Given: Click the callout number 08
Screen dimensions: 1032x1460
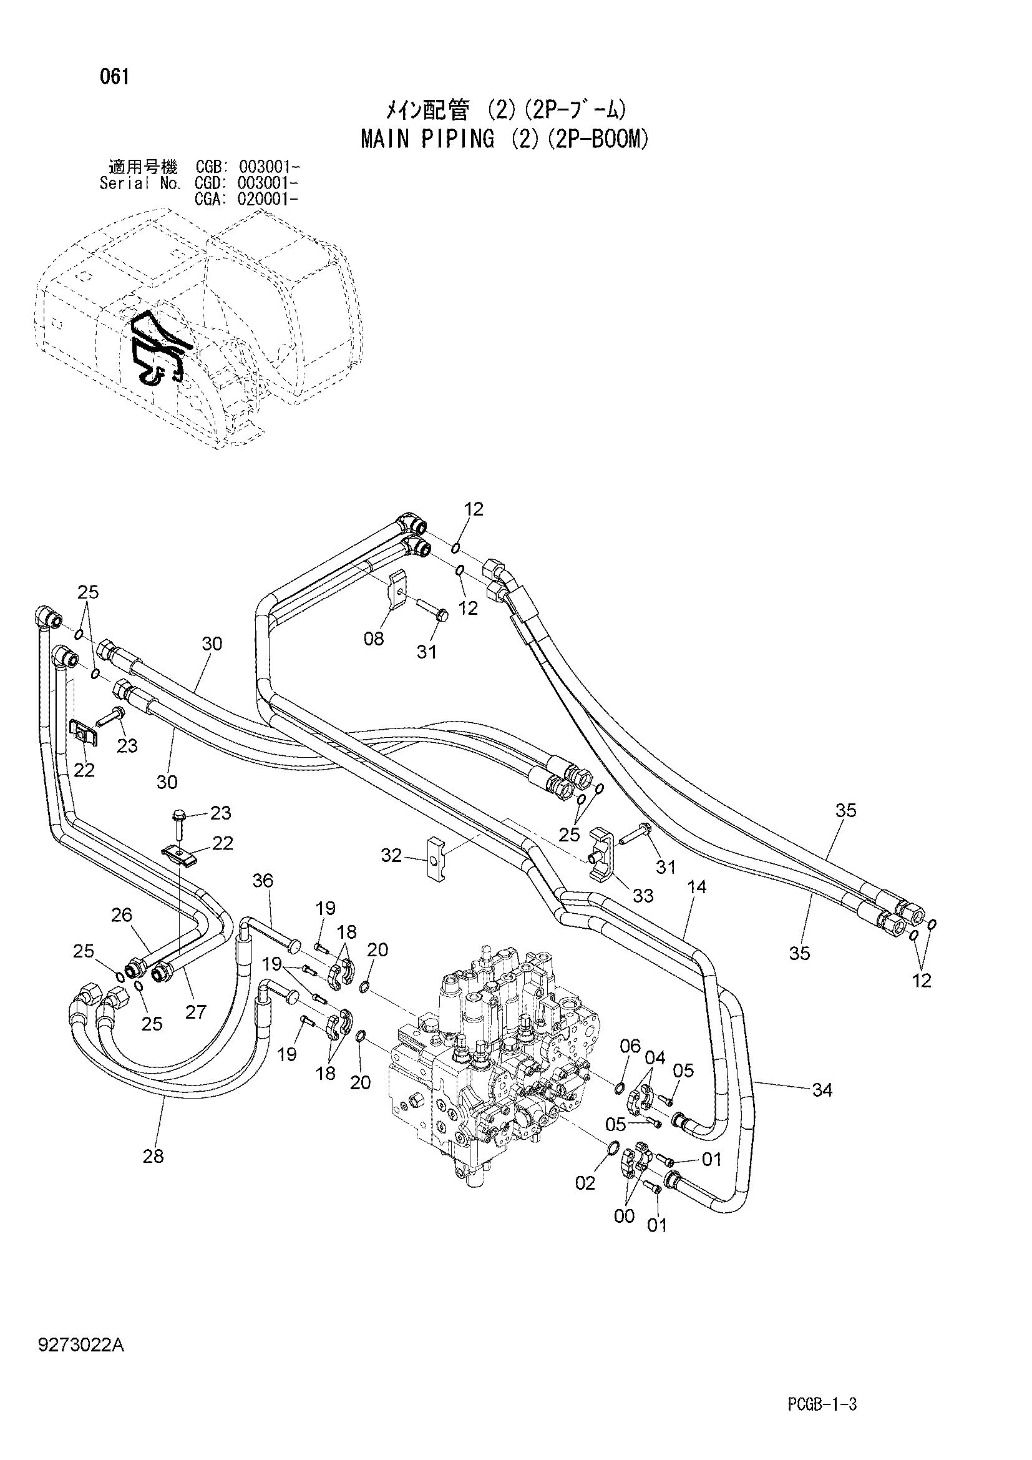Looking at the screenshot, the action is tap(374, 638).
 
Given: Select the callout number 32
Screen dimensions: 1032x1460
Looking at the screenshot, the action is tap(391, 855).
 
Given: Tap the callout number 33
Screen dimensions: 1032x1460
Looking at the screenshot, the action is tap(643, 895).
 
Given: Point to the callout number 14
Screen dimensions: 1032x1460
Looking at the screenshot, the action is tap(696, 886).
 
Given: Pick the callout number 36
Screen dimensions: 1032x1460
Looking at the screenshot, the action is tap(263, 881).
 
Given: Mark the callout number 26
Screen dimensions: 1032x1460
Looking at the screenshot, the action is tap(122, 915).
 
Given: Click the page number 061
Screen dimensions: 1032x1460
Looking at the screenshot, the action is tap(114, 77).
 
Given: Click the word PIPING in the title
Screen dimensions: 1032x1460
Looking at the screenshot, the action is tap(457, 139).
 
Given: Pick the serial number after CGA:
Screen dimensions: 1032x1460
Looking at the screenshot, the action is tap(266, 199).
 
